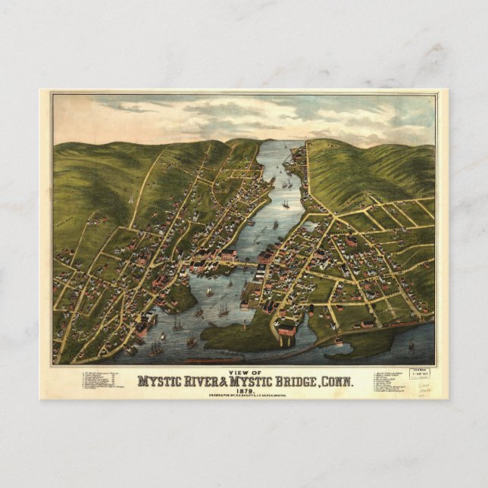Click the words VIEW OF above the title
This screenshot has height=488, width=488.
[x=244, y=372]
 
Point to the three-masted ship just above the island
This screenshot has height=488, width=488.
[x=224, y=309]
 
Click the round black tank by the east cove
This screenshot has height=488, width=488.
[x=311, y=308]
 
